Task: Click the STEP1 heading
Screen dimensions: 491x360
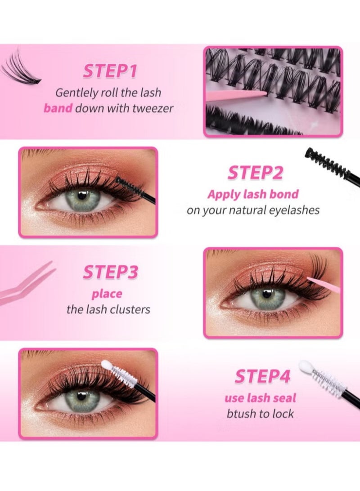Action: (110, 72)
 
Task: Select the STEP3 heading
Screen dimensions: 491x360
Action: (110, 273)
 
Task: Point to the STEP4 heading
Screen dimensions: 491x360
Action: (262, 377)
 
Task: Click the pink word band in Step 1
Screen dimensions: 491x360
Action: (58, 108)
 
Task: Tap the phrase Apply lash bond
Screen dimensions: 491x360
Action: (252, 194)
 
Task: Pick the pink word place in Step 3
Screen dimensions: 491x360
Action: (107, 294)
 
